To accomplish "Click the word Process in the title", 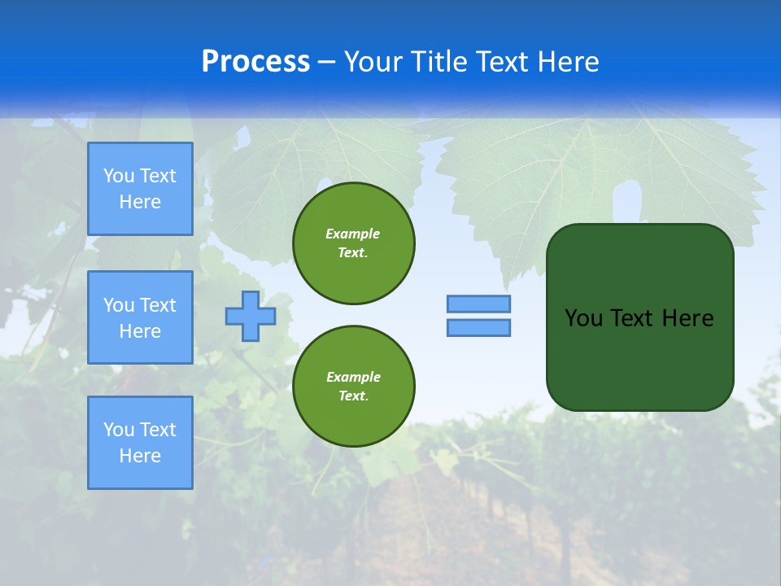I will (x=255, y=62).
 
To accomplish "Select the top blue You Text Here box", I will (x=140, y=189).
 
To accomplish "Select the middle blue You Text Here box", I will (x=140, y=317).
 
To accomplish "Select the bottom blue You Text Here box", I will (x=140, y=443).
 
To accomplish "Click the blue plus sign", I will (x=251, y=316).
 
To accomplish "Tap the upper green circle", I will (x=354, y=243).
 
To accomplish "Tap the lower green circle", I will (x=354, y=387).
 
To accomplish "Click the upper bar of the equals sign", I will (x=478, y=304).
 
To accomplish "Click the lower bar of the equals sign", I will (x=478, y=328).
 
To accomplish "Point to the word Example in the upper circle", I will (x=353, y=234).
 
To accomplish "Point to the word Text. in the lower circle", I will (x=353, y=396).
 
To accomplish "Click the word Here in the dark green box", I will (x=687, y=318).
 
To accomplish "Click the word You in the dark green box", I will (x=582, y=318).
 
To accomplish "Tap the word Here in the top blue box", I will (x=140, y=202).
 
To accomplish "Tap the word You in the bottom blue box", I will (x=119, y=430).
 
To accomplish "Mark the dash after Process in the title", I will (x=326, y=62).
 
